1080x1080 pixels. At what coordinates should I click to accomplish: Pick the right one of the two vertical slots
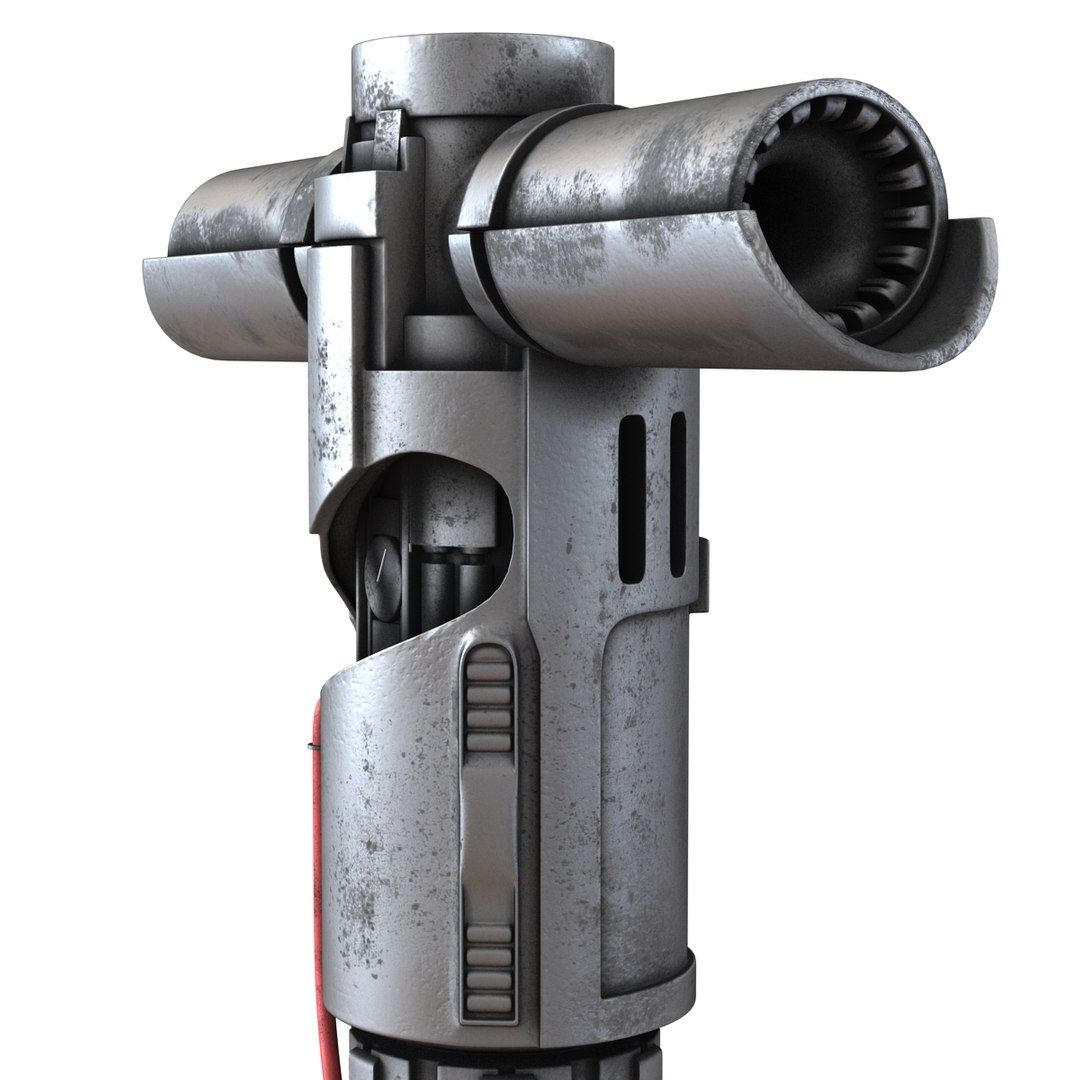678,495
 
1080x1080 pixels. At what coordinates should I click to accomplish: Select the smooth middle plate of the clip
489,840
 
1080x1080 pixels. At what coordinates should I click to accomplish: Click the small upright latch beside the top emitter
388,135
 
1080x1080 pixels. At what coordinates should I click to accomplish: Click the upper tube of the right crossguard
640,150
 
